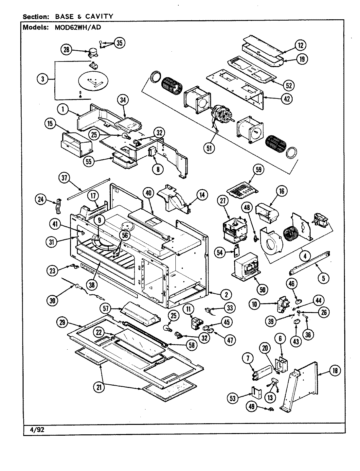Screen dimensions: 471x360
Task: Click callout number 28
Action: (x=66, y=50)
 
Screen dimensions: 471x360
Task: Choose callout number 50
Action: (x=263, y=289)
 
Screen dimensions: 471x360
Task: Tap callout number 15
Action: (x=50, y=123)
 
